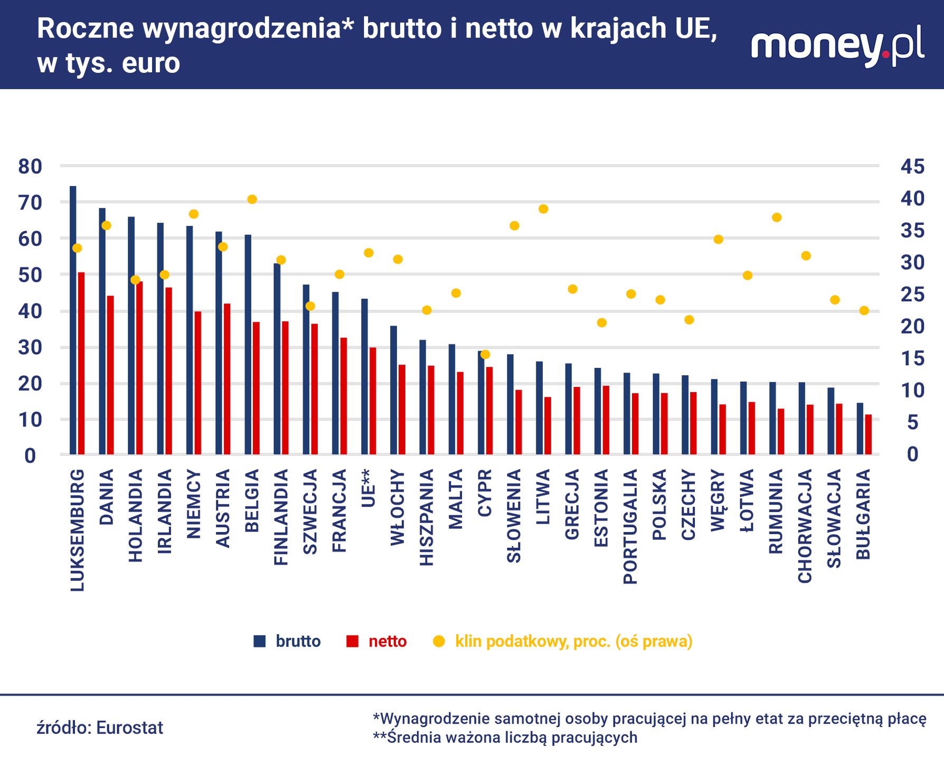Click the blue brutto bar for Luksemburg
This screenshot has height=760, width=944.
[x=73, y=320]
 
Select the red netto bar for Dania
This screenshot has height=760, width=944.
[x=110, y=375]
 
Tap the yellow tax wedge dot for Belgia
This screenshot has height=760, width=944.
[x=252, y=199]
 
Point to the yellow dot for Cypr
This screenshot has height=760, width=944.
[x=485, y=355]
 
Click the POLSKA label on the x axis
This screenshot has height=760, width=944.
[x=659, y=505]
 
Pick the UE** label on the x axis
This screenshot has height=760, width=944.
[x=369, y=488]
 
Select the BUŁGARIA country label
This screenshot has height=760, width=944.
[x=863, y=515]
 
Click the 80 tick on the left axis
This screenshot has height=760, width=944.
[x=30, y=167]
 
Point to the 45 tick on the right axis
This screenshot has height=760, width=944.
[x=912, y=167]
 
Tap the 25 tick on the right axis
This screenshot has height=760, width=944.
[x=912, y=294]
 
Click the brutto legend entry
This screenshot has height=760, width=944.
[x=287, y=641]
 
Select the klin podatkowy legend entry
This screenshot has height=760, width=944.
[x=563, y=641]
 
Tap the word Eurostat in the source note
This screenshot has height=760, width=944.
[x=130, y=728]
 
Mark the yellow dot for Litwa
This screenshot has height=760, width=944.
[x=543, y=209]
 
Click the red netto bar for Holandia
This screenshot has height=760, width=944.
[x=139, y=368]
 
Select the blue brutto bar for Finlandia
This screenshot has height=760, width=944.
[x=277, y=359]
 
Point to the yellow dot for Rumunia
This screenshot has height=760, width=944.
[x=776, y=217]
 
